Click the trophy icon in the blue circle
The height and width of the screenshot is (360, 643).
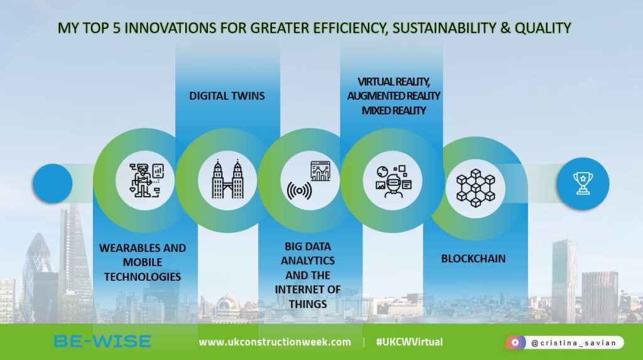[x=582, y=183]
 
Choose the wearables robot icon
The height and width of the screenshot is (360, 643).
[x=146, y=181]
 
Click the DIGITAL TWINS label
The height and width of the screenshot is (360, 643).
[x=227, y=96]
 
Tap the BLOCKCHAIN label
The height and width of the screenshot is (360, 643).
[x=473, y=258]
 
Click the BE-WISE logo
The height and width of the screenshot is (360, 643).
[x=102, y=341]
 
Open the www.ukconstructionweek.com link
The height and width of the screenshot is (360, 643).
[x=275, y=342]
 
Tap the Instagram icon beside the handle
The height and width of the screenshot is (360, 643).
[x=516, y=343]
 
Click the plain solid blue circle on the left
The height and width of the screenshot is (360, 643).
[x=49, y=183]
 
